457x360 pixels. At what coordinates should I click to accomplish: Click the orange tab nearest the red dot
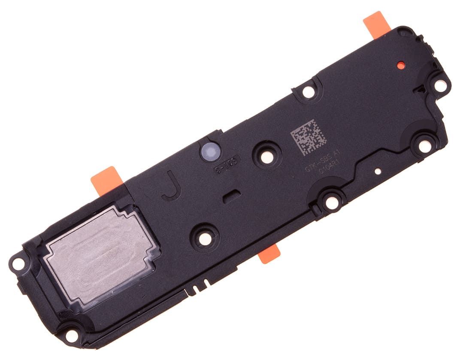(376, 24)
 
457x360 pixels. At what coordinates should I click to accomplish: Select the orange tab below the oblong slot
(269, 255)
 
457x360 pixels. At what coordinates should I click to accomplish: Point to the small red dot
(401, 65)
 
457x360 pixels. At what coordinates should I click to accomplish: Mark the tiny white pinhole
(378, 171)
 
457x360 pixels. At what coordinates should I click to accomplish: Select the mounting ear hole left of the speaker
(18, 263)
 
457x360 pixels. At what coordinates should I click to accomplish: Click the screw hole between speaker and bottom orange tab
(205, 238)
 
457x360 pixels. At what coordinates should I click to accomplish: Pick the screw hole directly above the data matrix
(308, 91)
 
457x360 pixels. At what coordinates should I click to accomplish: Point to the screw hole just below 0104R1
(331, 202)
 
